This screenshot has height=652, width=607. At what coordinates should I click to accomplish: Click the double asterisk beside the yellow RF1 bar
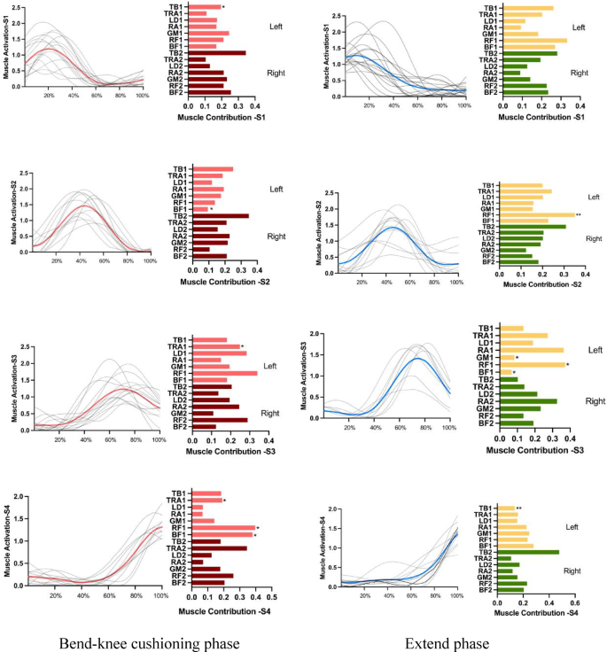click(579, 214)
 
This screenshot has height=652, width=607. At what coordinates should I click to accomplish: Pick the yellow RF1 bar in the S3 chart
click(532, 364)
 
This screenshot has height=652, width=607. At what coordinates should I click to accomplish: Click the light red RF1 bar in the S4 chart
click(222, 528)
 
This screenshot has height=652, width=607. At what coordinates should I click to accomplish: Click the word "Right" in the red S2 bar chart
click(276, 237)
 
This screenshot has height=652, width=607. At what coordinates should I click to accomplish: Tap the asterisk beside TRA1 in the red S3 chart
click(242, 347)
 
